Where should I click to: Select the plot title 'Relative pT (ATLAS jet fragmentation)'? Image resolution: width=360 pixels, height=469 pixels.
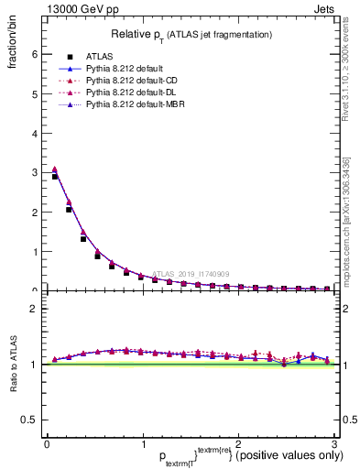pyautogui.click(x=191, y=35)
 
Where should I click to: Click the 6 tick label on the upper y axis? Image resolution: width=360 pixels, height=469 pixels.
pyautogui.click(x=34, y=54)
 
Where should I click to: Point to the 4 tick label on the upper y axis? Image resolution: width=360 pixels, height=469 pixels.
pyautogui.click(x=34, y=133)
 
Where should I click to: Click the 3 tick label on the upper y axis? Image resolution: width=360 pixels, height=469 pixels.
pyautogui.click(x=34, y=172)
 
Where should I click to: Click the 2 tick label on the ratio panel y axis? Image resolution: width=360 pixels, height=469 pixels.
pyautogui.click(x=34, y=309)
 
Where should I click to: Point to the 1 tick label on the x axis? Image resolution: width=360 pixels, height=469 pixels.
pyautogui.click(x=142, y=444)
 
